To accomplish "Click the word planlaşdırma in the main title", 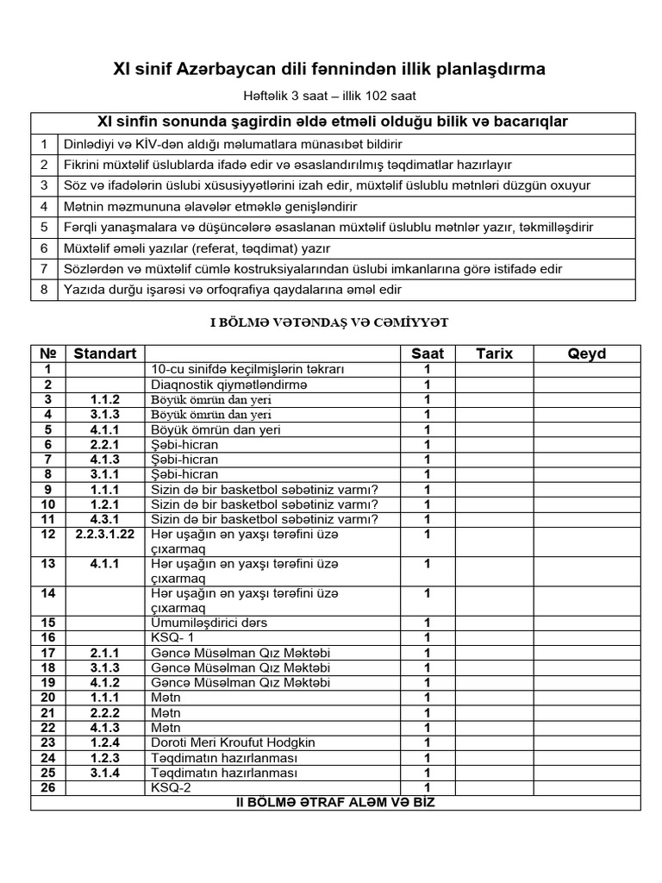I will (x=480, y=68).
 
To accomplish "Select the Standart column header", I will (x=105, y=354).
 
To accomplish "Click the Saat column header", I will (x=427, y=354).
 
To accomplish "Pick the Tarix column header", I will (x=494, y=354).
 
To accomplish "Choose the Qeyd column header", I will (x=586, y=354).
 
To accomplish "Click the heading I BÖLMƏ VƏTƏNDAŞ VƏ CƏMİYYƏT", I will (x=330, y=322).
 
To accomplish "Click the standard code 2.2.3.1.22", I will (x=105, y=535).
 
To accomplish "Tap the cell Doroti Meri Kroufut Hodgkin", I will (x=233, y=742).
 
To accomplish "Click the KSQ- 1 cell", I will (x=172, y=637).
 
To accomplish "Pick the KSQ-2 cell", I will (x=170, y=787).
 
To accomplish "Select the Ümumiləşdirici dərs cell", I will (x=209, y=623).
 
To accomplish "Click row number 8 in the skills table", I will (x=43, y=291).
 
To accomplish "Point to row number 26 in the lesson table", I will (x=47, y=787).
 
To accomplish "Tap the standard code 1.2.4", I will (x=105, y=742).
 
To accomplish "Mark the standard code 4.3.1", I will (x=105, y=519).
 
